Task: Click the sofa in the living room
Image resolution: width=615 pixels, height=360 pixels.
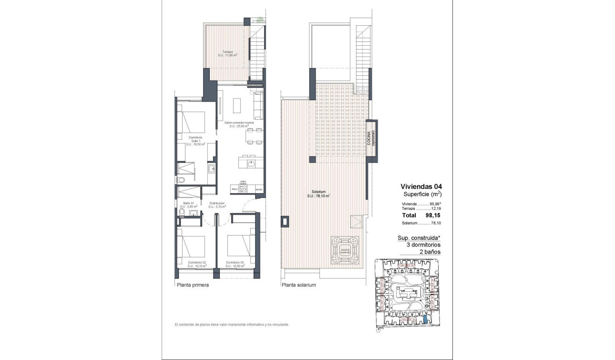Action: pyautogui.click(x=258, y=105)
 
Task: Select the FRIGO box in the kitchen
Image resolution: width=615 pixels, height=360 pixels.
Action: pyautogui.click(x=235, y=189)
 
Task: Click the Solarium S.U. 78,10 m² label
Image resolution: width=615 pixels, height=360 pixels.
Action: pyautogui.click(x=319, y=194)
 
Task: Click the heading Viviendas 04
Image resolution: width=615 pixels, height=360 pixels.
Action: pyautogui.click(x=421, y=187)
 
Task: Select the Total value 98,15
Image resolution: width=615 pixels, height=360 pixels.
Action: pyautogui.click(x=432, y=215)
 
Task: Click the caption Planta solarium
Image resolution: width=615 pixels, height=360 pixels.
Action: pyautogui.click(x=299, y=285)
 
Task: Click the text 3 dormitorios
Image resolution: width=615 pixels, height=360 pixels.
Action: pyautogui.click(x=419, y=245)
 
